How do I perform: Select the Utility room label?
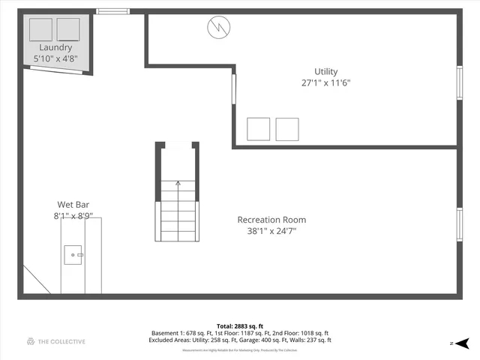click(x=326, y=72)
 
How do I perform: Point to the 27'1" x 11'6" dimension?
click(x=326, y=83)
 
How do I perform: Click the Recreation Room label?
click(x=271, y=220)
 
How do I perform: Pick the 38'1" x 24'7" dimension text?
click(x=271, y=231)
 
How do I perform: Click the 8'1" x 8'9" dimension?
click(x=72, y=216)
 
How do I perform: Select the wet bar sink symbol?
click(x=73, y=255)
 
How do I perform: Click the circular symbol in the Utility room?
click(x=217, y=28)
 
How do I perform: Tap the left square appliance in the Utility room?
click(x=259, y=129)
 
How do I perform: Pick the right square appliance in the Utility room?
click(x=287, y=129)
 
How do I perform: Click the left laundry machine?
click(x=40, y=29)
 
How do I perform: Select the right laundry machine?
click(x=68, y=29)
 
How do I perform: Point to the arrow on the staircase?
click(x=178, y=181)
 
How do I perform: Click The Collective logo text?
click(x=55, y=342)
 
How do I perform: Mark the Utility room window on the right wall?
click(x=460, y=82)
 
